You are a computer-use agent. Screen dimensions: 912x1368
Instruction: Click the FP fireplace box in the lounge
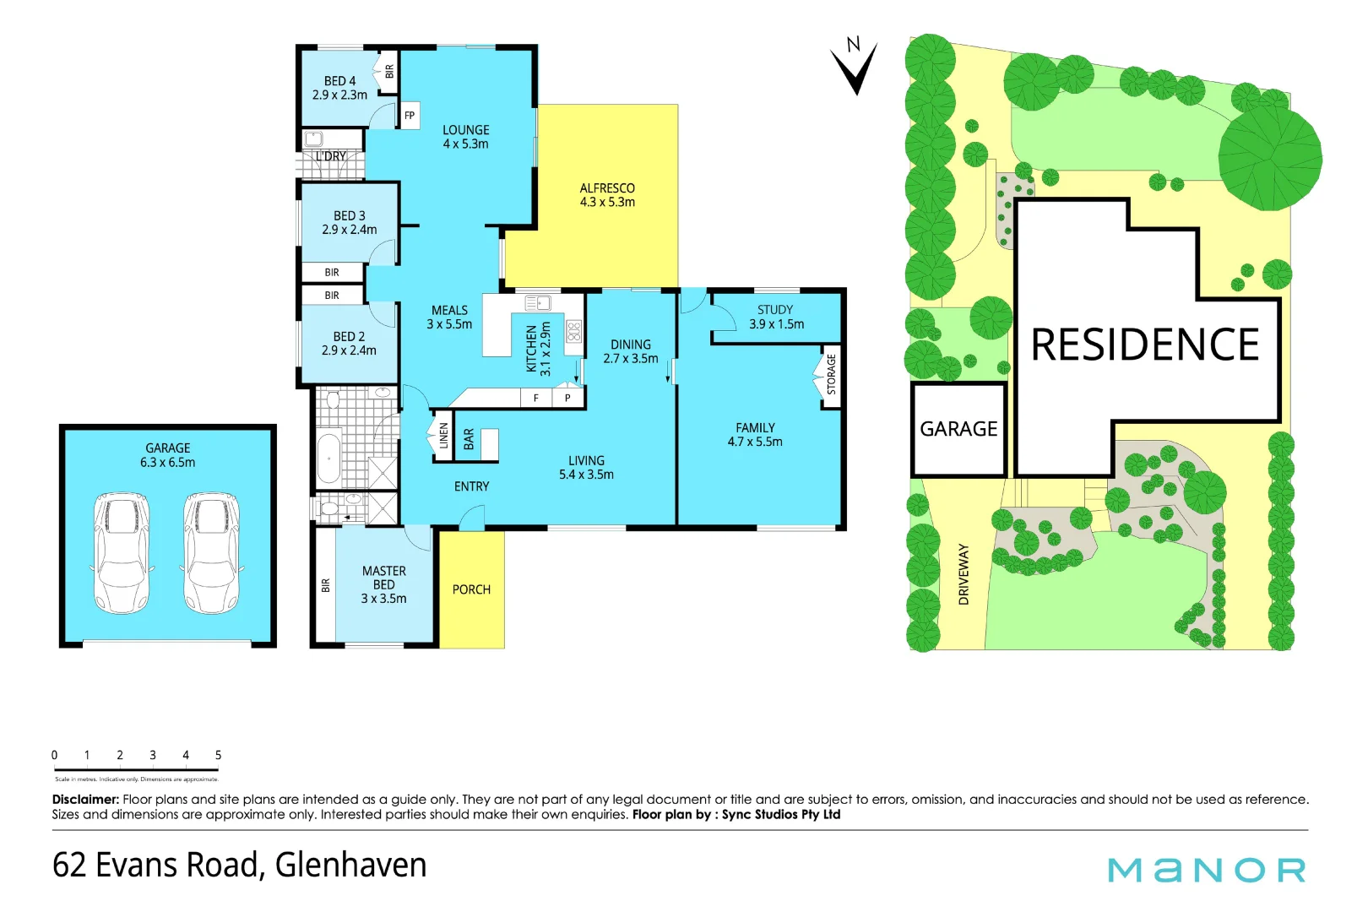point(410,116)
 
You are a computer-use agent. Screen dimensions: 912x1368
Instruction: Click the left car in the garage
point(122,553)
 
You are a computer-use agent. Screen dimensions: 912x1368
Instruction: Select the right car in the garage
point(212,553)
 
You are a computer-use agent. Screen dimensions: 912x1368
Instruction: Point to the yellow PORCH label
point(471,589)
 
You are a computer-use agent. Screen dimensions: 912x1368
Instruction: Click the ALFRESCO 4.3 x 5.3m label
point(607,195)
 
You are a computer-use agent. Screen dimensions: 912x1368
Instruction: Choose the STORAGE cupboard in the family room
point(831,375)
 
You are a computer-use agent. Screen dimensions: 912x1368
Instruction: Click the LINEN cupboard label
point(443,436)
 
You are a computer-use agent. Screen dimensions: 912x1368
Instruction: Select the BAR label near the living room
point(469,439)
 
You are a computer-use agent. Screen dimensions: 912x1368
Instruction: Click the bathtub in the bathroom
point(328,459)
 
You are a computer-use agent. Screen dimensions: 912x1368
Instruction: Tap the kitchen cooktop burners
point(574,331)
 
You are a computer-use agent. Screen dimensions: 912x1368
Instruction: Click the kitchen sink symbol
point(538,302)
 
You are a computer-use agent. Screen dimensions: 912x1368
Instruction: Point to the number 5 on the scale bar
point(218,755)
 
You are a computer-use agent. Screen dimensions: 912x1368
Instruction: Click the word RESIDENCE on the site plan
point(1144,345)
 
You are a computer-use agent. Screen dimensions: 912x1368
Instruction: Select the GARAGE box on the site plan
point(958,429)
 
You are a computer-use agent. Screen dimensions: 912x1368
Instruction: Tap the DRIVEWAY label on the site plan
point(964,574)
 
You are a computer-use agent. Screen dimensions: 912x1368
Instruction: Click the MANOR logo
point(1207,870)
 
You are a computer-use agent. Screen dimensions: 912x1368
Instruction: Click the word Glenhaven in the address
point(350,865)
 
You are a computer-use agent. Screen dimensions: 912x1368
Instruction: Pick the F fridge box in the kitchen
point(535,398)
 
